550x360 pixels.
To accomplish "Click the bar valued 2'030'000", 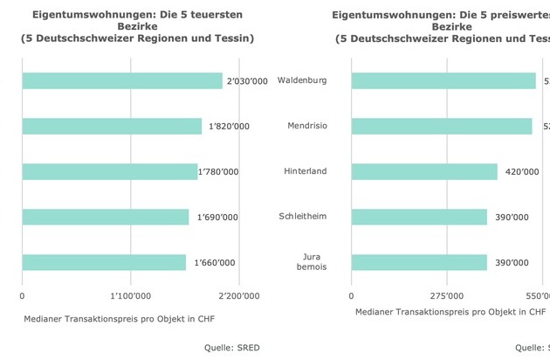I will point(122,80).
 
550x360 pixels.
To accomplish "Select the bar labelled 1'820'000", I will point(112,126).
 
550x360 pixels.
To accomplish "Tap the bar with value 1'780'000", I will point(109,171).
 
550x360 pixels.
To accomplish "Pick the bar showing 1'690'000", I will point(105,217).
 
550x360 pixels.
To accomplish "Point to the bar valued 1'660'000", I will point(104,262).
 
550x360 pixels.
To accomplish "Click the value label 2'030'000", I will point(246,81).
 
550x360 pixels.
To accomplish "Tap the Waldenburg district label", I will point(302,80).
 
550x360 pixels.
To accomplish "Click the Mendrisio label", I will point(307,126).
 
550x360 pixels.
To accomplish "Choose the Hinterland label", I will point(306,170).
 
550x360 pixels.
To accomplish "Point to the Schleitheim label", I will point(303,216).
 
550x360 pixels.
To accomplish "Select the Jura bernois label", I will point(313,261).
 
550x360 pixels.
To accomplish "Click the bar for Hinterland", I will point(424,171).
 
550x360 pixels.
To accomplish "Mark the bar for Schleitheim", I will point(419,217).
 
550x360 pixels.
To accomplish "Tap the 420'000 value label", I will point(522,172).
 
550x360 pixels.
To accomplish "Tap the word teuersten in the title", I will point(207,15).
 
